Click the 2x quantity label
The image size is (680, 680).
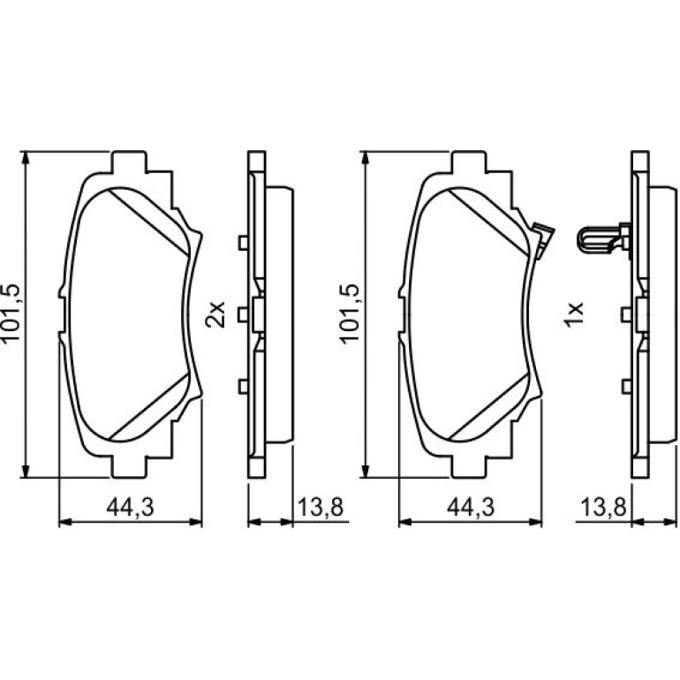click(x=215, y=314)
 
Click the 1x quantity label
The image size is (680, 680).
click(x=573, y=314)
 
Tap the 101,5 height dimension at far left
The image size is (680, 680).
click(x=11, y=313)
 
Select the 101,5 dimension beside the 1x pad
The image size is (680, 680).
click(x=350, y=314)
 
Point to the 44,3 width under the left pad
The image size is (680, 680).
click(x=131, y=507)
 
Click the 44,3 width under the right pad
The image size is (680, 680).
click(x=471, y=507)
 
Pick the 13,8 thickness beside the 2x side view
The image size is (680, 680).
click(x=321, y=507)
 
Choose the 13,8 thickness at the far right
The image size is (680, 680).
click(x=603, y=507)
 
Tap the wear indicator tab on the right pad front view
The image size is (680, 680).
click(x=542, y=241)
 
